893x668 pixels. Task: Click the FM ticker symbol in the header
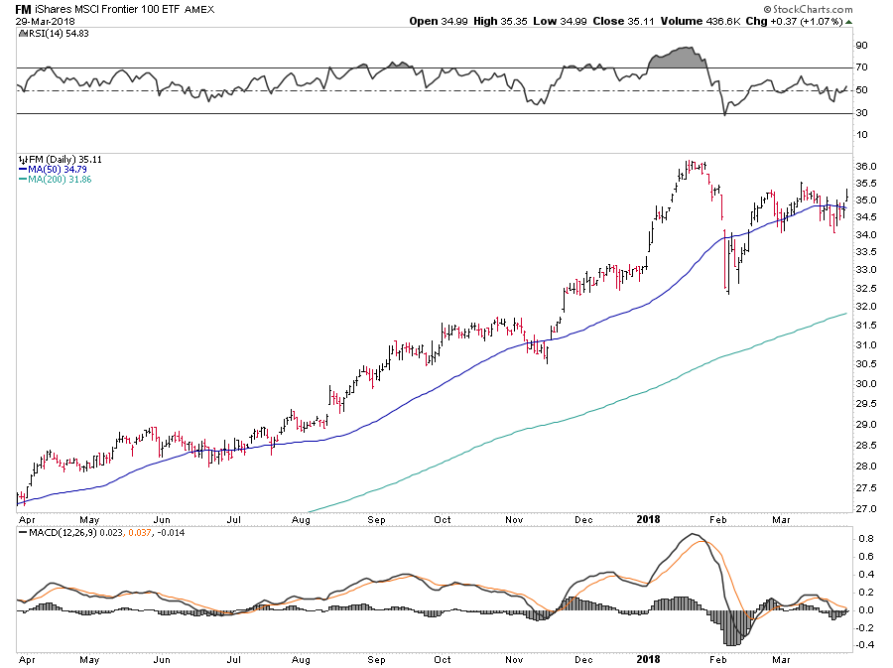click(22, 9)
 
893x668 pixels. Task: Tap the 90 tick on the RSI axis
click(861, 45)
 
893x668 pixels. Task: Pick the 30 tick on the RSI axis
click(861, 113)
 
